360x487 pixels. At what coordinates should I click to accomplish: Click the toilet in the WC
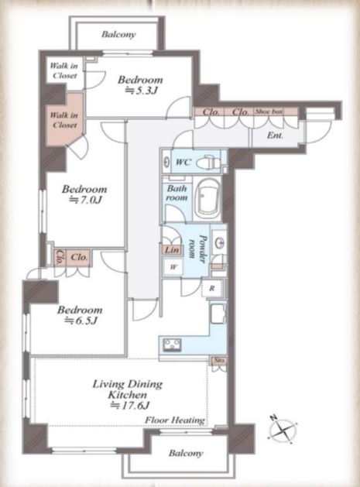[x=212, y=162]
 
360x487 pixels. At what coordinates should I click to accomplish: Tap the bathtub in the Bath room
[x=207, y=199]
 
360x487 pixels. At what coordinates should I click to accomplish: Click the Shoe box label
[x=269, y=111]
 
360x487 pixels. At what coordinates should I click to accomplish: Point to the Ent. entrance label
[x=275, y=135]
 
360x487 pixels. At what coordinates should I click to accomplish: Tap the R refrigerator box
[x=212, y=288]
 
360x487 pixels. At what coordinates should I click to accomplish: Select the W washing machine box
[x=173, y=266]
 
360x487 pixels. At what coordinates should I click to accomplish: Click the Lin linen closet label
[x=172, y=250]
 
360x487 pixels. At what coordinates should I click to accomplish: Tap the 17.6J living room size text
[x=131, y=405]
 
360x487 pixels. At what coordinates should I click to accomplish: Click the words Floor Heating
[x=175, y=420]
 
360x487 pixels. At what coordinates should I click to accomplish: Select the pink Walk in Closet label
[x=64, y=120]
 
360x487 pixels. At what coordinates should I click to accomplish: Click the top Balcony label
[x=118, y=34]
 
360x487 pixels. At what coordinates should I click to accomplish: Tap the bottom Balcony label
[x=186, y=453]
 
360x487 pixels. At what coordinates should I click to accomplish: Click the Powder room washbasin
[x=220, y=242]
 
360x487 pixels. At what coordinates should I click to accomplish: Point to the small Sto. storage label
[x=218, y=361]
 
